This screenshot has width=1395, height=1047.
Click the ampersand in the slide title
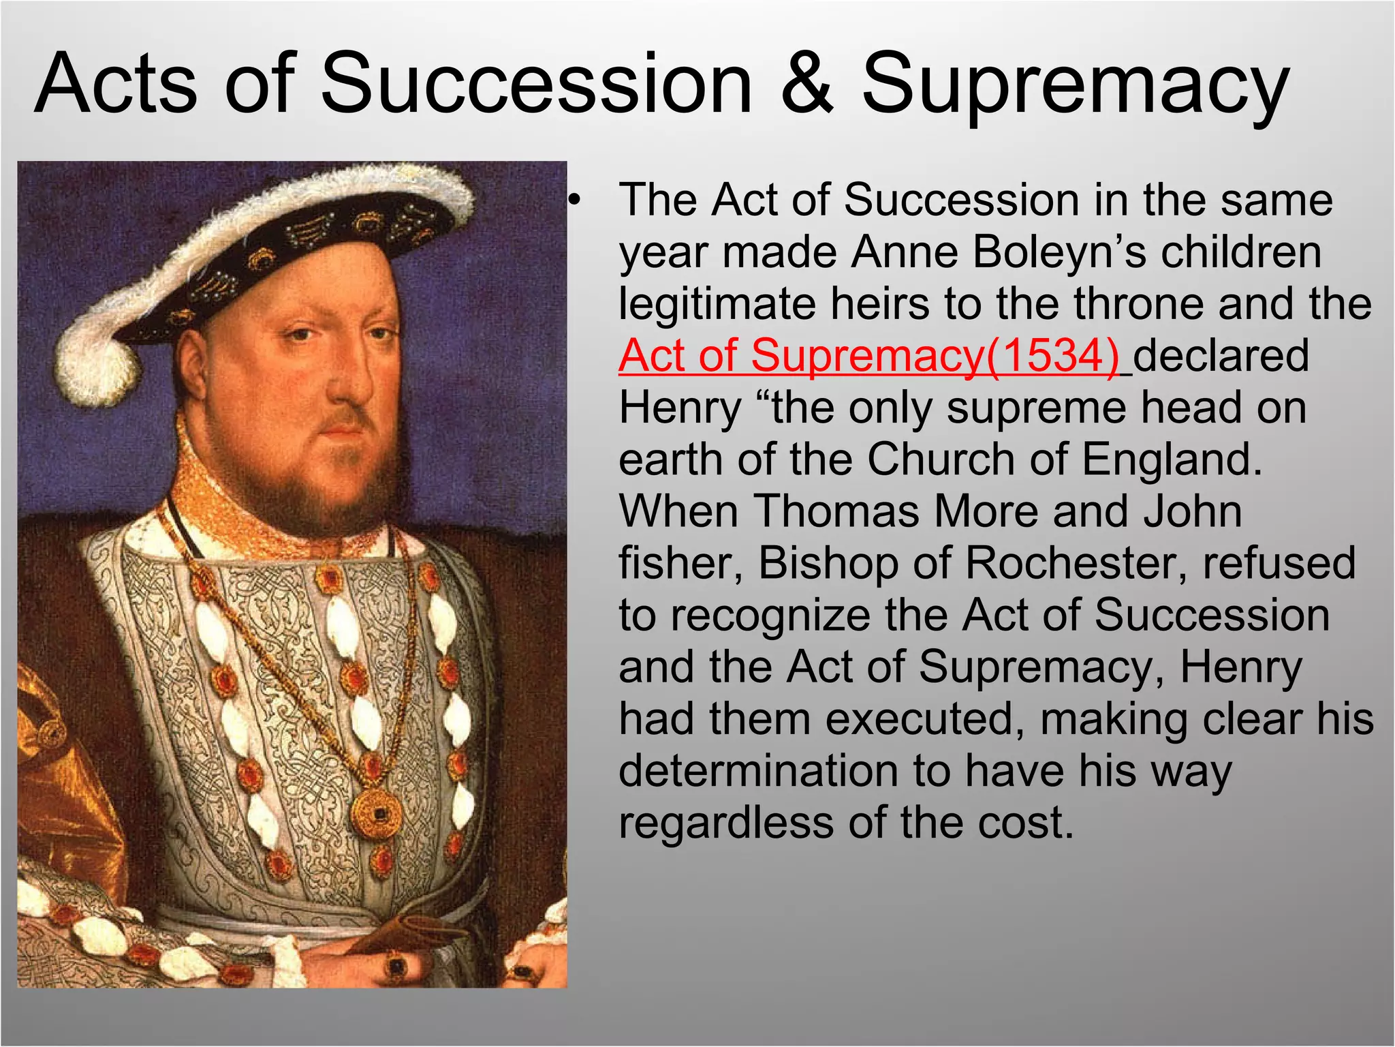point(807,85)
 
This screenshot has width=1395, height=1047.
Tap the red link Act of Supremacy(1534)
point(868,356)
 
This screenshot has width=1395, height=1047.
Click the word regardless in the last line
point(726,823)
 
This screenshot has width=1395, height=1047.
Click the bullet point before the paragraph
point(576,200)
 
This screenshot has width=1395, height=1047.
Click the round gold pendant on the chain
point(376,813)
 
